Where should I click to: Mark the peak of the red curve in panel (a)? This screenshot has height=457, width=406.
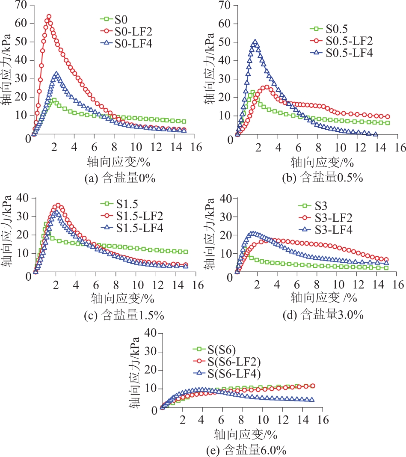(x=49, y=17)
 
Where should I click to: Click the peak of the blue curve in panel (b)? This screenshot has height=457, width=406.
(x=255, y=42)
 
